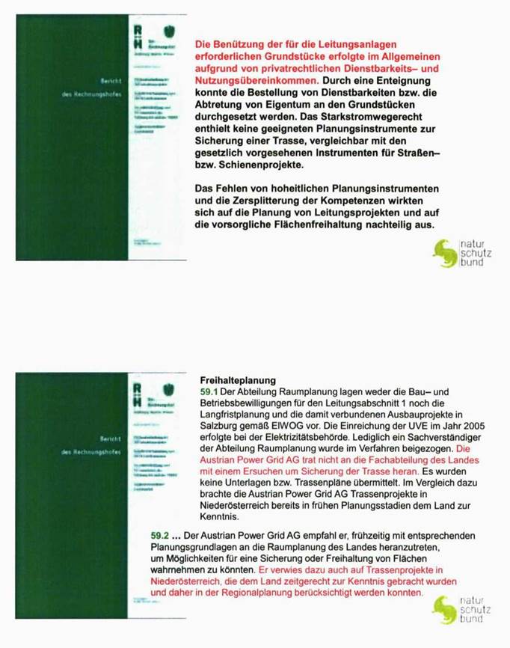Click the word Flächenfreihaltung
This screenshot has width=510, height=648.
[321, 224]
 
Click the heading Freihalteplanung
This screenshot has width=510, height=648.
[239, 379]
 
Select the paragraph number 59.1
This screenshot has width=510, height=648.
[209, 391]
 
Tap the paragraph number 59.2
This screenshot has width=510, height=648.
[161, 536]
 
